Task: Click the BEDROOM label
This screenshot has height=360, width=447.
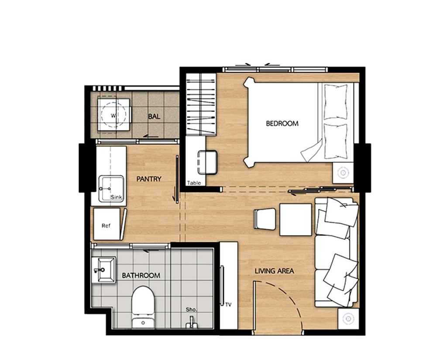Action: [282, 124]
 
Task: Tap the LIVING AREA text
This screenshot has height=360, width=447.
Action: [274, 271]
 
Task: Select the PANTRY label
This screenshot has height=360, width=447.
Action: [149, 179]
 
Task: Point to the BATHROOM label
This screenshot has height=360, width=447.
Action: [141, 276]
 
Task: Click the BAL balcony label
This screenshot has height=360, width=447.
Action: [154, 117]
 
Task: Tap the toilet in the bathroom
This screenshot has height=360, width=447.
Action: [143, 301]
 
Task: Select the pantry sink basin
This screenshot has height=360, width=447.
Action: [110, 189]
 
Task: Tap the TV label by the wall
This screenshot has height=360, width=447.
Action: [228, 305]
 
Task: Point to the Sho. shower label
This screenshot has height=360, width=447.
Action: [191, 309]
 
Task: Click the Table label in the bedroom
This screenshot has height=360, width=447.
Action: [194, 183]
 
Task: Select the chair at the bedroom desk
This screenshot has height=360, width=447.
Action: [207, 162]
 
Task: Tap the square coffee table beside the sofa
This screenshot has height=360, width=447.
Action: [296, 219]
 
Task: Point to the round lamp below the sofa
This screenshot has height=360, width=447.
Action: [348, 318]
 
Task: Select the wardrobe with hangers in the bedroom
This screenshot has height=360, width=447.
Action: [201, 104]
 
